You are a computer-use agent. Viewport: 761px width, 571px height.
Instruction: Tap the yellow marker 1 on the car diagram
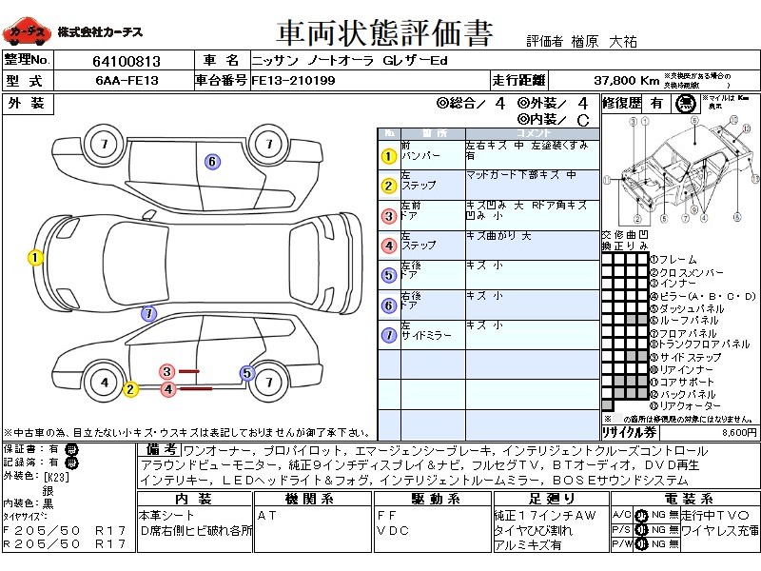coord(35,257)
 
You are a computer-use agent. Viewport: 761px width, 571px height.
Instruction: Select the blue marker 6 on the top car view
coord(212,162)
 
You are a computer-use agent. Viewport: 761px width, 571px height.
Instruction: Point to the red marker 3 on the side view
coord(167,371)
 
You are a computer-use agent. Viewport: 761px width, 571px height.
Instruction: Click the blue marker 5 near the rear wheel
coord(247,373)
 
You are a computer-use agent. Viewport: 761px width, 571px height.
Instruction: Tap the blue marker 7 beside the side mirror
coord(148,313)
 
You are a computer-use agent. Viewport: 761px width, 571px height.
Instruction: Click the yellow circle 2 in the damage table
coord(388,186)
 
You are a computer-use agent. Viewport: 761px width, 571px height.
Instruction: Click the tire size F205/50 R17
coord(64,529)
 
